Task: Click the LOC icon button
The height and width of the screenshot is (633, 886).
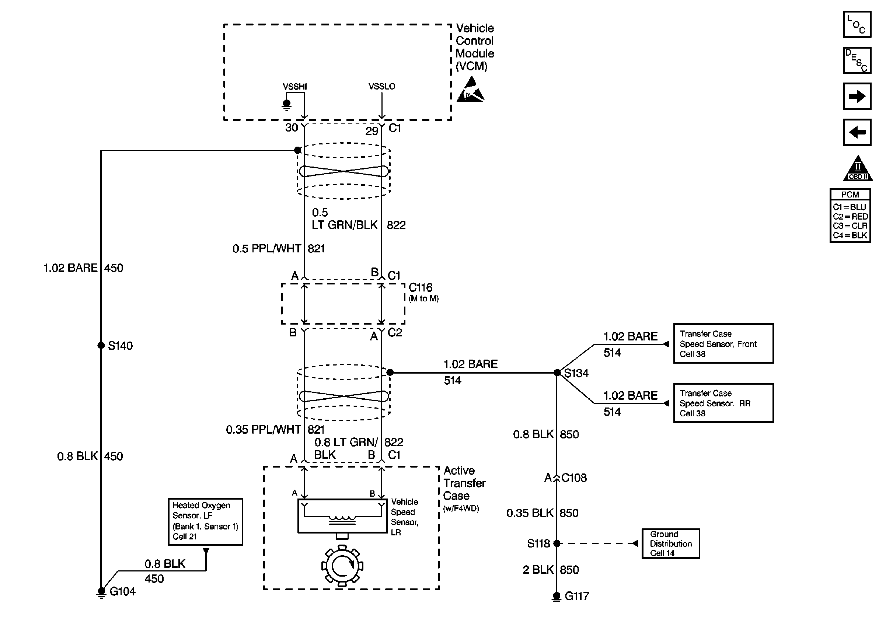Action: (857, 25)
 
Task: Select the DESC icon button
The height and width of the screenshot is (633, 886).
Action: (857, 60)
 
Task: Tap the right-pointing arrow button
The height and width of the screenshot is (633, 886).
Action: (857, 96)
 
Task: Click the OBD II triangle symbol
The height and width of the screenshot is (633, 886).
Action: (858, 168)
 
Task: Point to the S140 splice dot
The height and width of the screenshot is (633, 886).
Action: (101, 345)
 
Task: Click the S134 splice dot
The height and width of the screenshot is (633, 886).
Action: (557, 373)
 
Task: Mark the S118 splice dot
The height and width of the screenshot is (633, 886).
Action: (557, 543)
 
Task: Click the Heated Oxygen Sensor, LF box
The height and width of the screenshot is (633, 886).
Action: (205, 521)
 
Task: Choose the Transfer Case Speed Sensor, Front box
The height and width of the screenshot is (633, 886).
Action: (723, 343)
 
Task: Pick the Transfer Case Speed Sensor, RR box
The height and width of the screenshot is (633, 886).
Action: (723, 403)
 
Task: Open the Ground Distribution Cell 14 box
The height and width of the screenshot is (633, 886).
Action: (671, 544)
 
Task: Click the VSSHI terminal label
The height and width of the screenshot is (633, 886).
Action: (295, 87)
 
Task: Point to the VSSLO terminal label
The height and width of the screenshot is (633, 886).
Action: (381, 86)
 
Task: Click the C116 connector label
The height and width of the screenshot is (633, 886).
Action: (420, 288)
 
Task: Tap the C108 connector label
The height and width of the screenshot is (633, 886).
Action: (574, 478)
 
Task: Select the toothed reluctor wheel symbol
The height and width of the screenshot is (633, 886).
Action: (342, 566)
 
